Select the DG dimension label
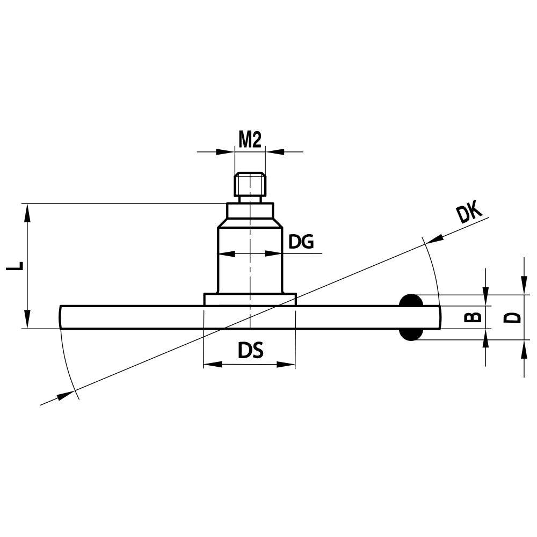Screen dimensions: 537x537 pyautogui.click(x=301, y=242)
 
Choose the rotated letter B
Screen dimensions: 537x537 pyautogui.click(x=473, y=317)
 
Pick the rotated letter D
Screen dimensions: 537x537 pyautogui.click(x=513, y=317)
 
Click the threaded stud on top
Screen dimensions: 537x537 pyautogui.click(x=250, y=184)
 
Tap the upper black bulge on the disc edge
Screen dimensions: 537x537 pyautogui.click(x=411, y=300)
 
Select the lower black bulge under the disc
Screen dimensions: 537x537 pyautogui.click(x=411, y=335)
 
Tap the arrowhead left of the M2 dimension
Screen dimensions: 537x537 pyautogui.click(x=226, y=151)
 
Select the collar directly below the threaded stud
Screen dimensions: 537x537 pyautogui.click(x=250, y=210)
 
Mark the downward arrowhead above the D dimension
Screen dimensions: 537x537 pyautogui.click(x=524, y=286)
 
